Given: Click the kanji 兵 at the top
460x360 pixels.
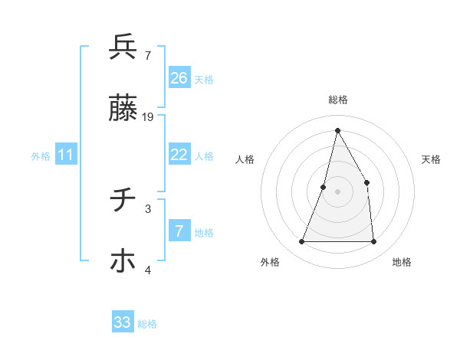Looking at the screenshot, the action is (x=123, y=47).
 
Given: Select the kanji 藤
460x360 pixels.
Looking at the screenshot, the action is (x=123, y=110).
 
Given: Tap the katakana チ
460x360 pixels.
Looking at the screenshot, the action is (x=123, y=200).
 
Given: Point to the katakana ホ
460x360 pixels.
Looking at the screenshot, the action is (x=123, y=261).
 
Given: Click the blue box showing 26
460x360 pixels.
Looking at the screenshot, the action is (x=179, y=78).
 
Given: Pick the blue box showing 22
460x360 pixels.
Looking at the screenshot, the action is (x=179, y=155).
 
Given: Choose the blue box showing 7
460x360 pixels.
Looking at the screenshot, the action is (x=179, y=231).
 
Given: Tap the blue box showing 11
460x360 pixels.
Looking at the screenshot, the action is (x=66, y=155).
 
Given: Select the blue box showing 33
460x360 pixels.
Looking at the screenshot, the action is (x=123, y=322).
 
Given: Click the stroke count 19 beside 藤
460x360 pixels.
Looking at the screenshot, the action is (x=148, y=117).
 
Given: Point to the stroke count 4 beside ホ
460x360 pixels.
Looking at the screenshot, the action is (x=148, y=270).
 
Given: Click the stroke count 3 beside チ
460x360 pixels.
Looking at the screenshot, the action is (x=148, y=208).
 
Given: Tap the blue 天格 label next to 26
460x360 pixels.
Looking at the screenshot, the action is (x=204, y=79).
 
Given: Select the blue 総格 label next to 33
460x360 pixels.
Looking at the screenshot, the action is (x=147, y=324).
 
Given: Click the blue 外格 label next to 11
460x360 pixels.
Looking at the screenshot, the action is (x=41, y=156).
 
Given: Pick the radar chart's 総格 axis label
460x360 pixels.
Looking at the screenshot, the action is (x=337, y=100).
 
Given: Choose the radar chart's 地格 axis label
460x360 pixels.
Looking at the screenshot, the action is (x=402, y=262).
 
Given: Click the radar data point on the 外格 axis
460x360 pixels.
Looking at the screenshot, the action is (x=301, y=242).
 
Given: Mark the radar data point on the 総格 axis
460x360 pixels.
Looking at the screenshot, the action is (x=337, y=129).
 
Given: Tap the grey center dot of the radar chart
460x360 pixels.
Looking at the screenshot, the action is (x=337, y=191).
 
